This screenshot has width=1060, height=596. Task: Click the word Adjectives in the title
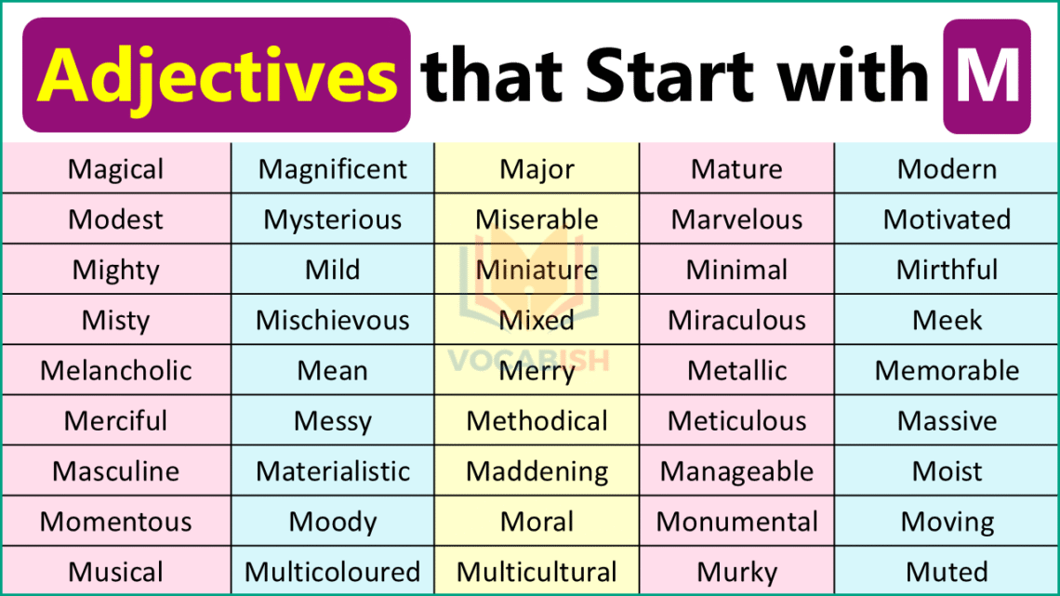click(217, 75)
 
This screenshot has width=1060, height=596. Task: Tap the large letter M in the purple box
click(987, 75)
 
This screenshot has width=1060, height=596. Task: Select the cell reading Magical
click(116, 169)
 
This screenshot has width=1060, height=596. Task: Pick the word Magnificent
click(333, 169)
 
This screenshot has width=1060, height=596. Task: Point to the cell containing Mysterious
click(333, 219)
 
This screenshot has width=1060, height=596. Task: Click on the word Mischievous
click(333, 320)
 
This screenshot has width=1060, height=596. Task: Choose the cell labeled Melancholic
click(116, 370)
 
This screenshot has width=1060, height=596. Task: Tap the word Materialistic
click(333, 471)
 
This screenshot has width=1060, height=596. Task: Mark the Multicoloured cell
click(333, 572)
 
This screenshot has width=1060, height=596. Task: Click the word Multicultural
click(537, 572)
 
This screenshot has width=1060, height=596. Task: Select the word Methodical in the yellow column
click(537, 421)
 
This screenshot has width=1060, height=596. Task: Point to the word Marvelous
click(736, 219)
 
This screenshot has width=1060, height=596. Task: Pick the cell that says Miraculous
click(736, 320)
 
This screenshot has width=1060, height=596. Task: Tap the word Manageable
click(736, 471)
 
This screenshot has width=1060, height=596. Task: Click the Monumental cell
click(736, 522)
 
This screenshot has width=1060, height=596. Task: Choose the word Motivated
click(947, 219)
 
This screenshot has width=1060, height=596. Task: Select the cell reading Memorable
click(947, 370)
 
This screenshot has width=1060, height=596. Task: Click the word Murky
click(736, 572)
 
